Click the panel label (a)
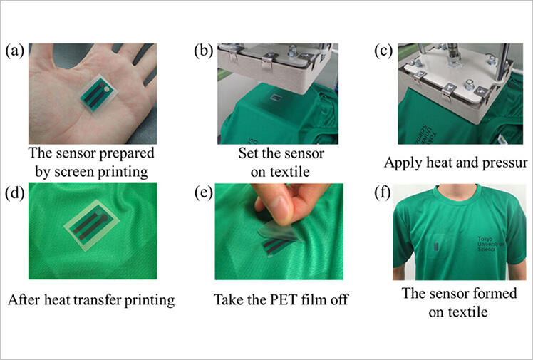[16, 51]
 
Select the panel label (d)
[16, 192]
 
